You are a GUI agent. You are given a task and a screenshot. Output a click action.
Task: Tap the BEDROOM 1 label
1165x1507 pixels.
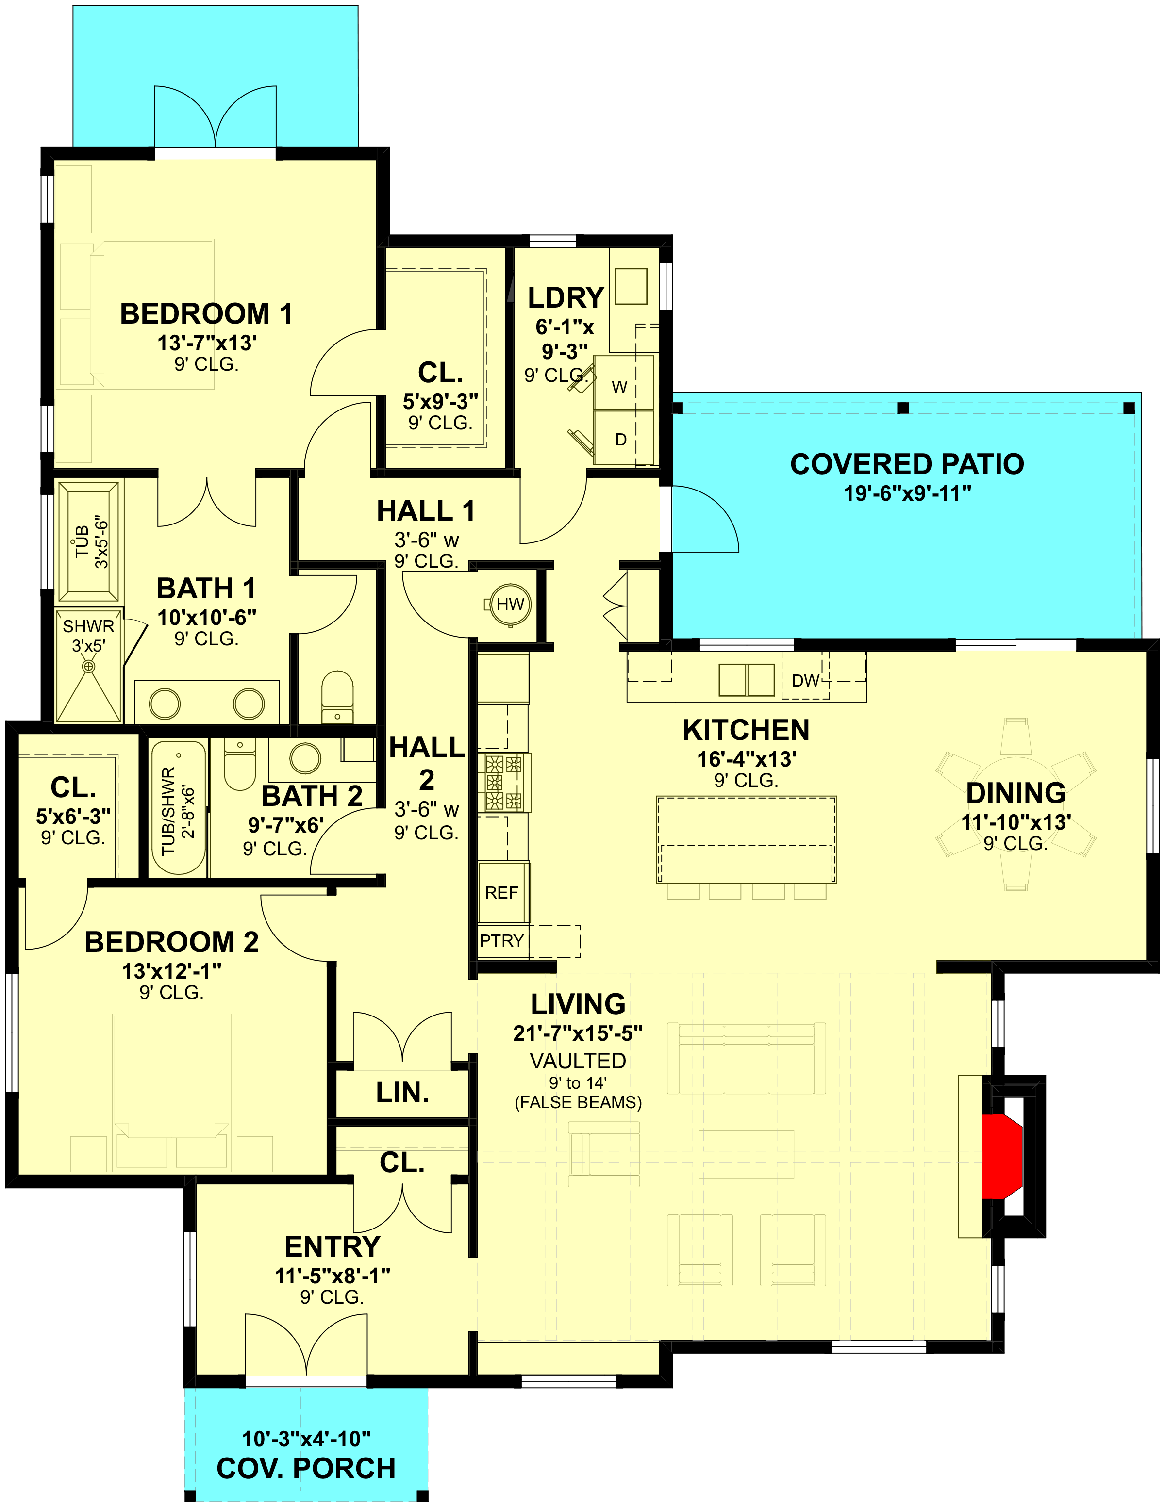coord(206,313)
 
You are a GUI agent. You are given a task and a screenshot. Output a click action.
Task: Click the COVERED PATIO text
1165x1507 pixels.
coord(907,464)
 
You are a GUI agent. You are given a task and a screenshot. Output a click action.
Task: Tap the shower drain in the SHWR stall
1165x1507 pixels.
coord(88,667)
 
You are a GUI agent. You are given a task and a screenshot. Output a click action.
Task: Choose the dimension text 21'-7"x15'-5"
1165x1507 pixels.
coord(578,1033)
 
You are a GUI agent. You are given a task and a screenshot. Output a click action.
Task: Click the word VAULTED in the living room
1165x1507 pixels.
coord(578,1061)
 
